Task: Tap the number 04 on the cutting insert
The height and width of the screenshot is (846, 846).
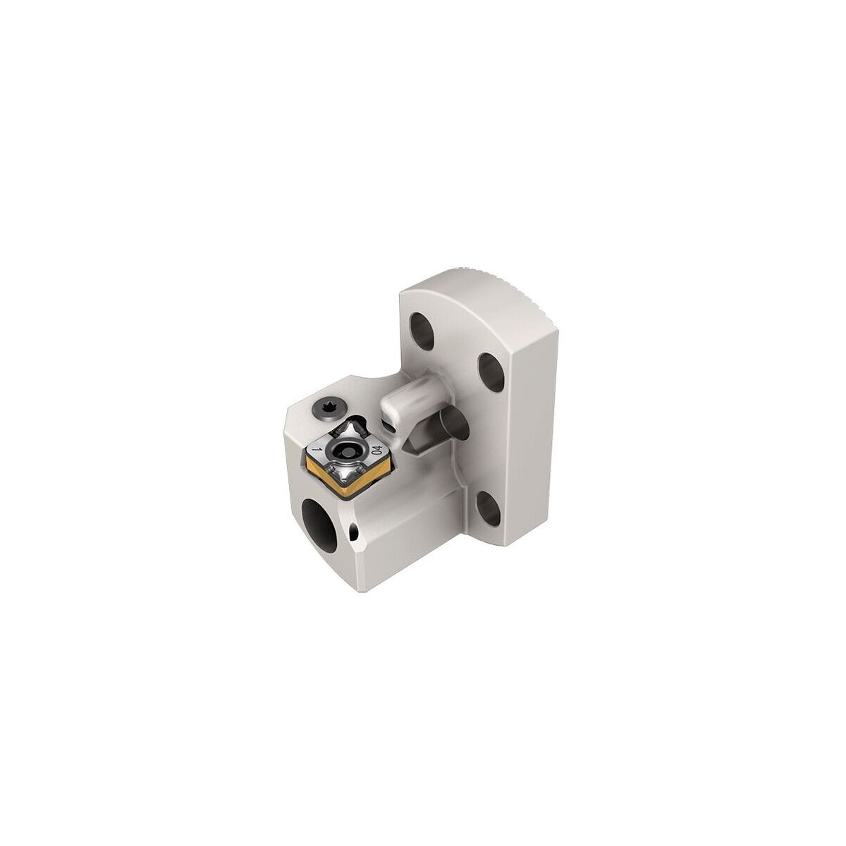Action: [x=376, y=449]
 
